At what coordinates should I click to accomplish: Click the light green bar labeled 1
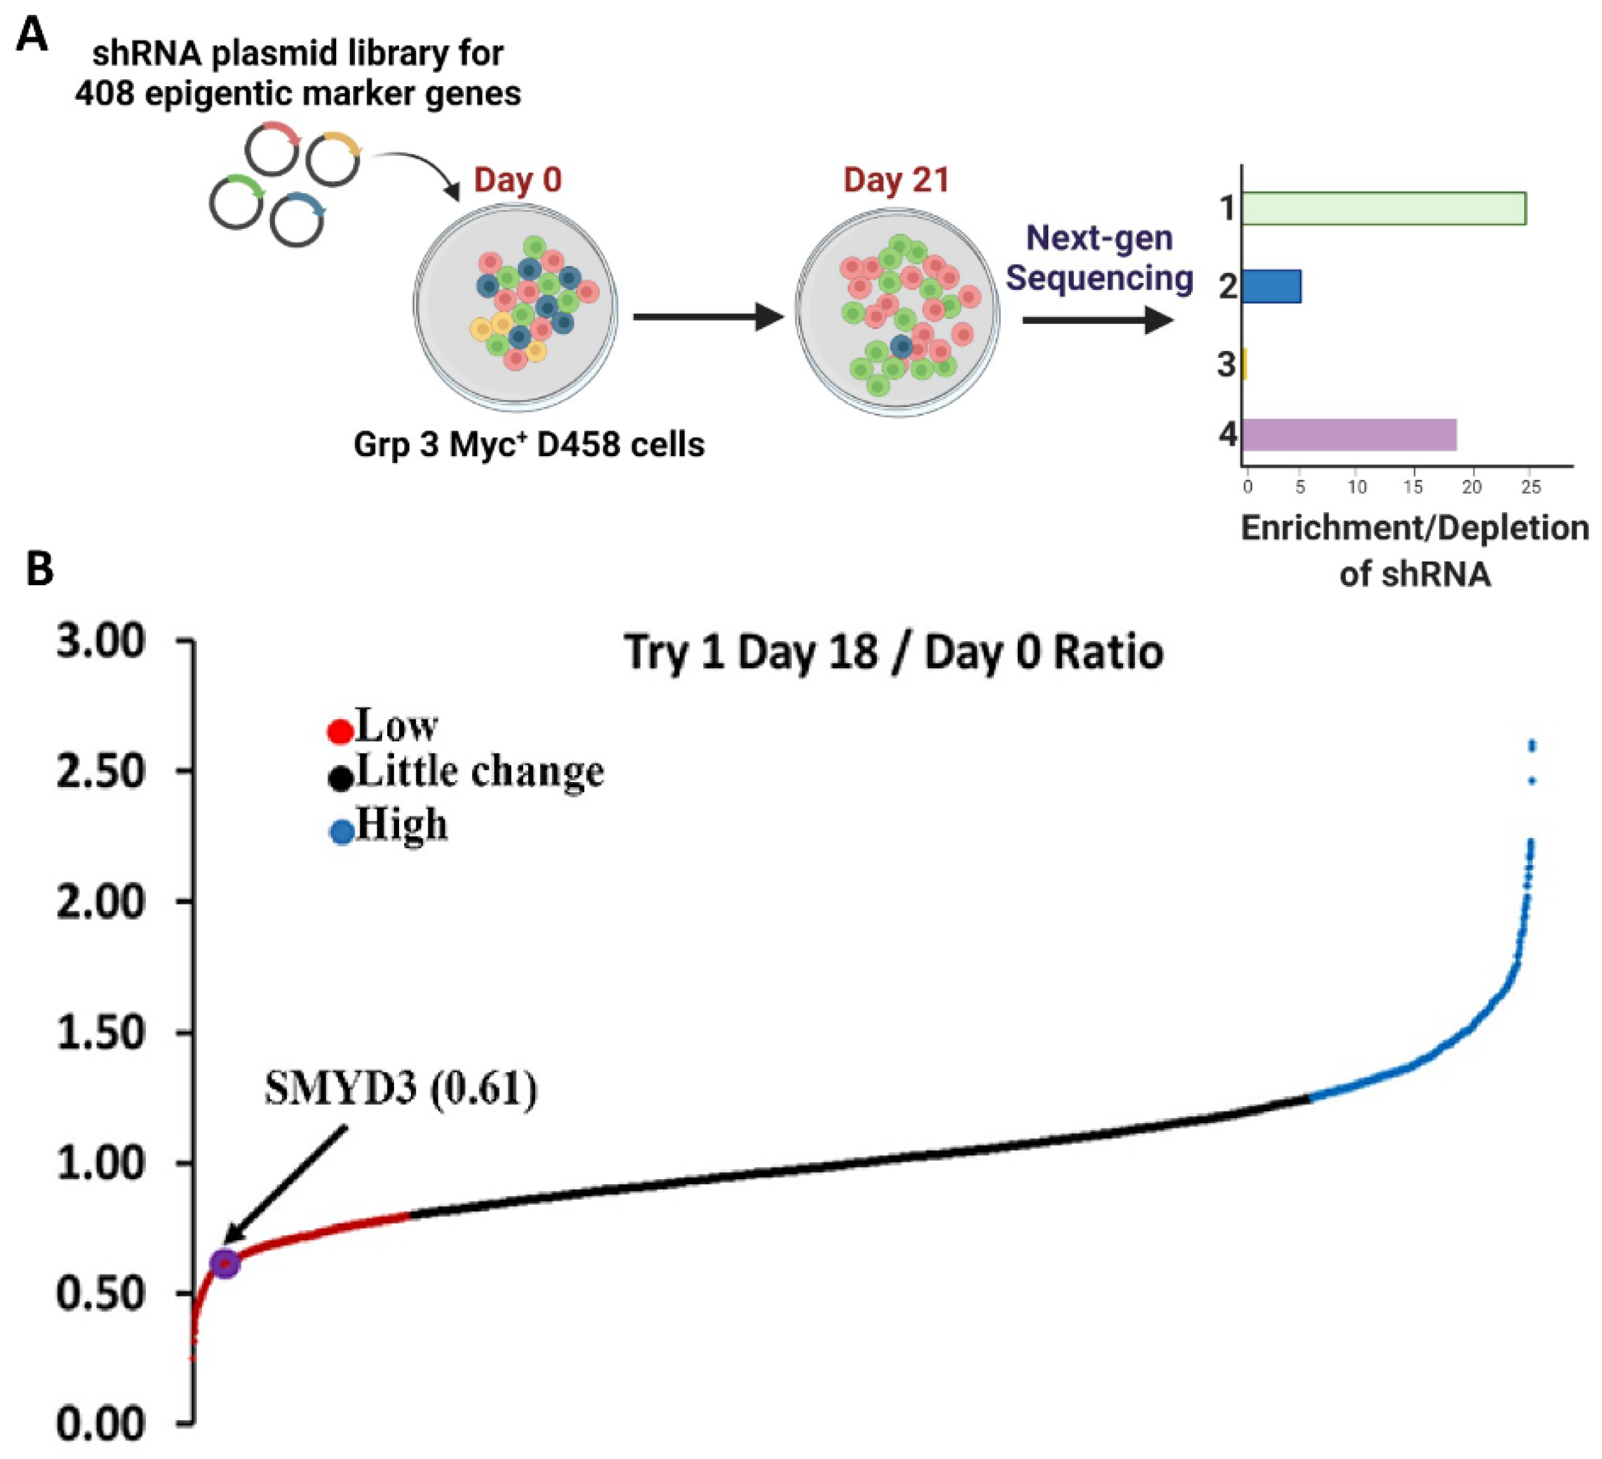click(x=1382, y=208)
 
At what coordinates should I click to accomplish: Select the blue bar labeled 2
click(x=1271, y=286)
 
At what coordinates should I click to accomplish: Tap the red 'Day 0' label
click(x=518, y=179)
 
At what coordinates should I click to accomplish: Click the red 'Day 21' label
click(x=895, y=179)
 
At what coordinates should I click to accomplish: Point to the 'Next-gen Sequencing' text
click(x=1099, y=258)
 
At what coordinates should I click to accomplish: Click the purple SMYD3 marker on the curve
click(x=226, y=1263)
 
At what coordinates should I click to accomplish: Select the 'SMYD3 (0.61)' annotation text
click(x=400, y=1088)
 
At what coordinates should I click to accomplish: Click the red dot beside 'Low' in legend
click(x=340, y=732)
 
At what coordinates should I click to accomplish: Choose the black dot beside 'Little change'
click(x=340, y=778)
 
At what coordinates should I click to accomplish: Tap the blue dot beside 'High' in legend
click(x=342, y=833)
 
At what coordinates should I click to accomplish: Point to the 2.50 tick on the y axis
click(x=101, y=771)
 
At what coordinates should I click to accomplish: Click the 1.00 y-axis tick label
click(x=101, y=1163)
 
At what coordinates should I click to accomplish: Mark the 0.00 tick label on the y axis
click(x=101, y=1424)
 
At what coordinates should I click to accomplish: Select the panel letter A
click(x=32, y=36)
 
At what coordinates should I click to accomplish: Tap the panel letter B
click(x=40, y=568)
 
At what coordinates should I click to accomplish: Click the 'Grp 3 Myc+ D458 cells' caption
click(x=528, y=444)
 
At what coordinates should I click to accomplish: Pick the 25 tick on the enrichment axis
click(x=1530, y=487)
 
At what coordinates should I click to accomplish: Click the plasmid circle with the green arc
click(x=236, y=202)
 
